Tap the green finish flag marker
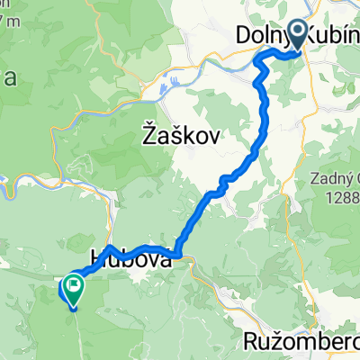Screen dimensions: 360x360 point(71,289)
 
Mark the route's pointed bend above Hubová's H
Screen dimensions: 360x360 point(109,247)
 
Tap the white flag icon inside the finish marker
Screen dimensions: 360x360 point(71,287)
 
